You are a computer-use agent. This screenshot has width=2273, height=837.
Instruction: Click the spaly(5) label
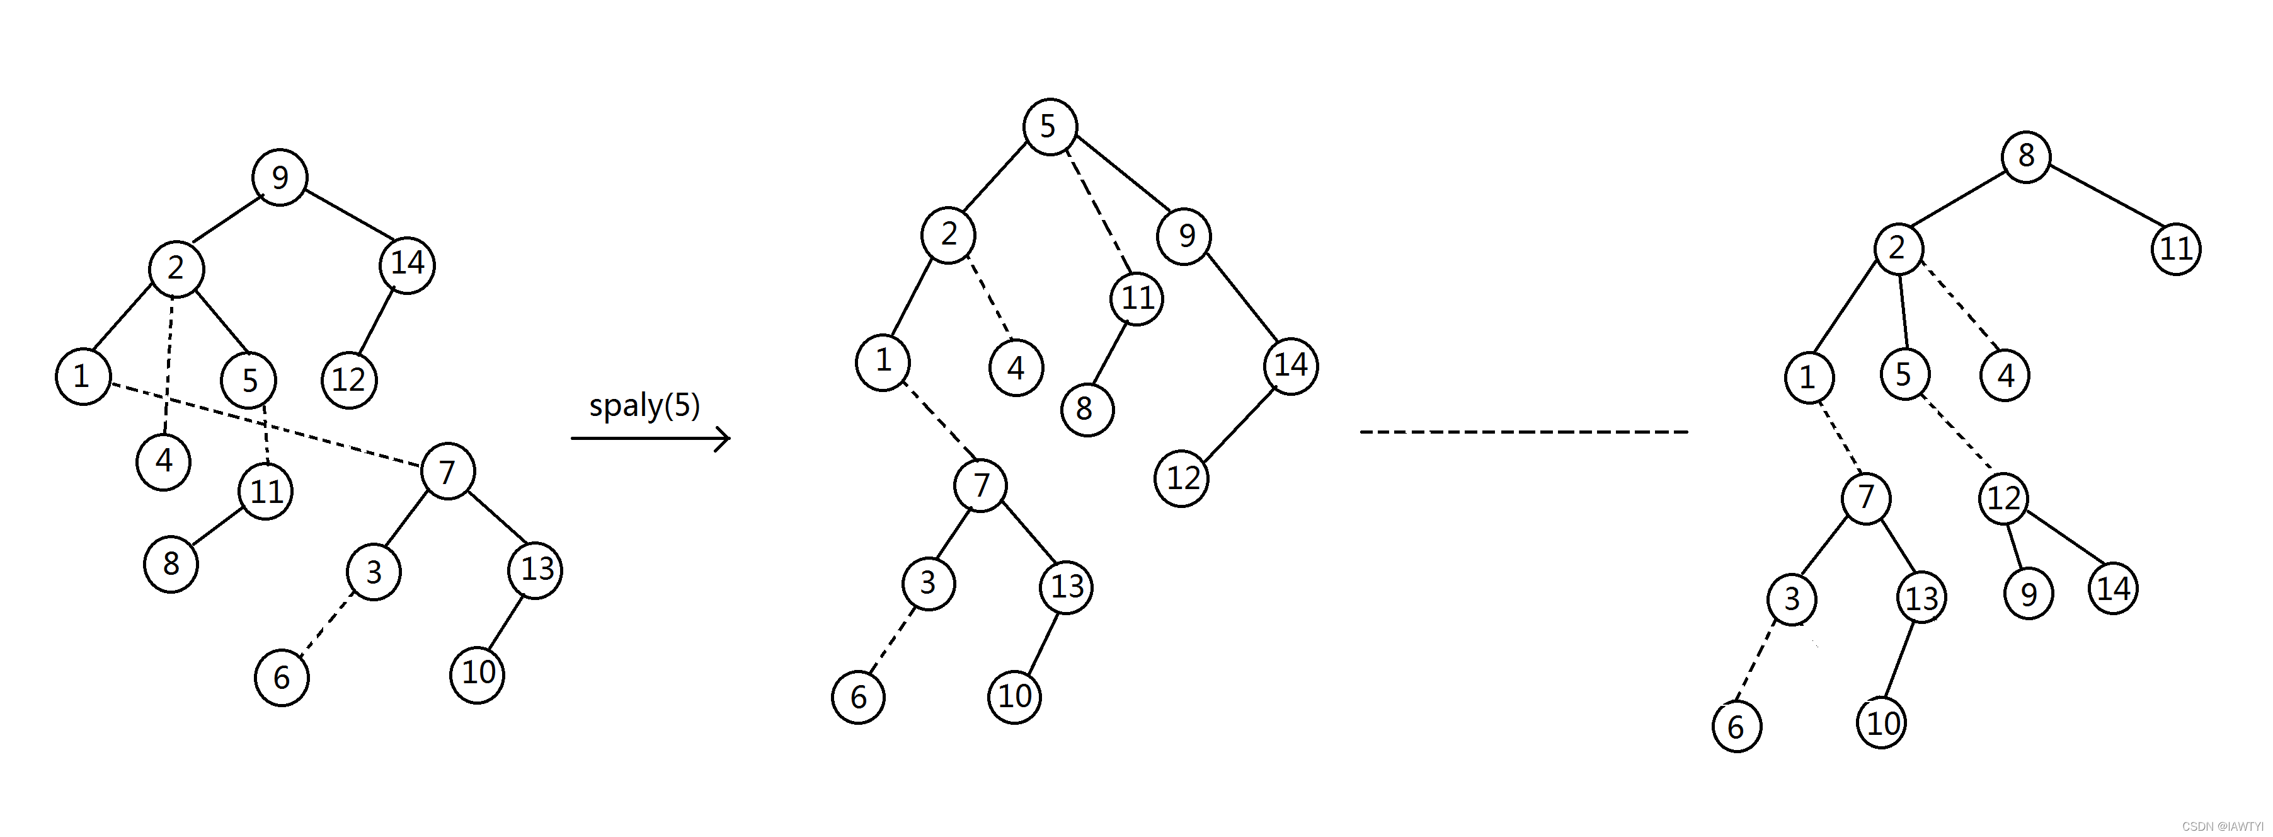644,405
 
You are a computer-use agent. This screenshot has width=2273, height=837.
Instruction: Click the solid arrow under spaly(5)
650,438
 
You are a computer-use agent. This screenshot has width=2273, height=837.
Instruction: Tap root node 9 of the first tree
280,178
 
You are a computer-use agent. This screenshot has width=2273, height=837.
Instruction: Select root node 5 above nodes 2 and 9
1049,126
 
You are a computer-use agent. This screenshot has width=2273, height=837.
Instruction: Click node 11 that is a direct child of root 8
2175,249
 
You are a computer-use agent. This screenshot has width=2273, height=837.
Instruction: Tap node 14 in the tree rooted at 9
407,263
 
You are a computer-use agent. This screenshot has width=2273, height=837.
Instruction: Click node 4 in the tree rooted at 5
1016,368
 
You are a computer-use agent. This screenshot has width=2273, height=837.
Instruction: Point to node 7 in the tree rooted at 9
447,471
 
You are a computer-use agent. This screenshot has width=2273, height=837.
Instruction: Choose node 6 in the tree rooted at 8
1736,727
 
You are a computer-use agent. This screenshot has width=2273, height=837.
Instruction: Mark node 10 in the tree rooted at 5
1014,696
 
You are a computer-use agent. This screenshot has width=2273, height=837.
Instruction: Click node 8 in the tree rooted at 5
1085,409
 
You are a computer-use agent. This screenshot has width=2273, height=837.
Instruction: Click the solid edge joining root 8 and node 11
2102,203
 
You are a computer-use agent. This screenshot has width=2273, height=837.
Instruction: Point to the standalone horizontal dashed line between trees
1524,432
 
